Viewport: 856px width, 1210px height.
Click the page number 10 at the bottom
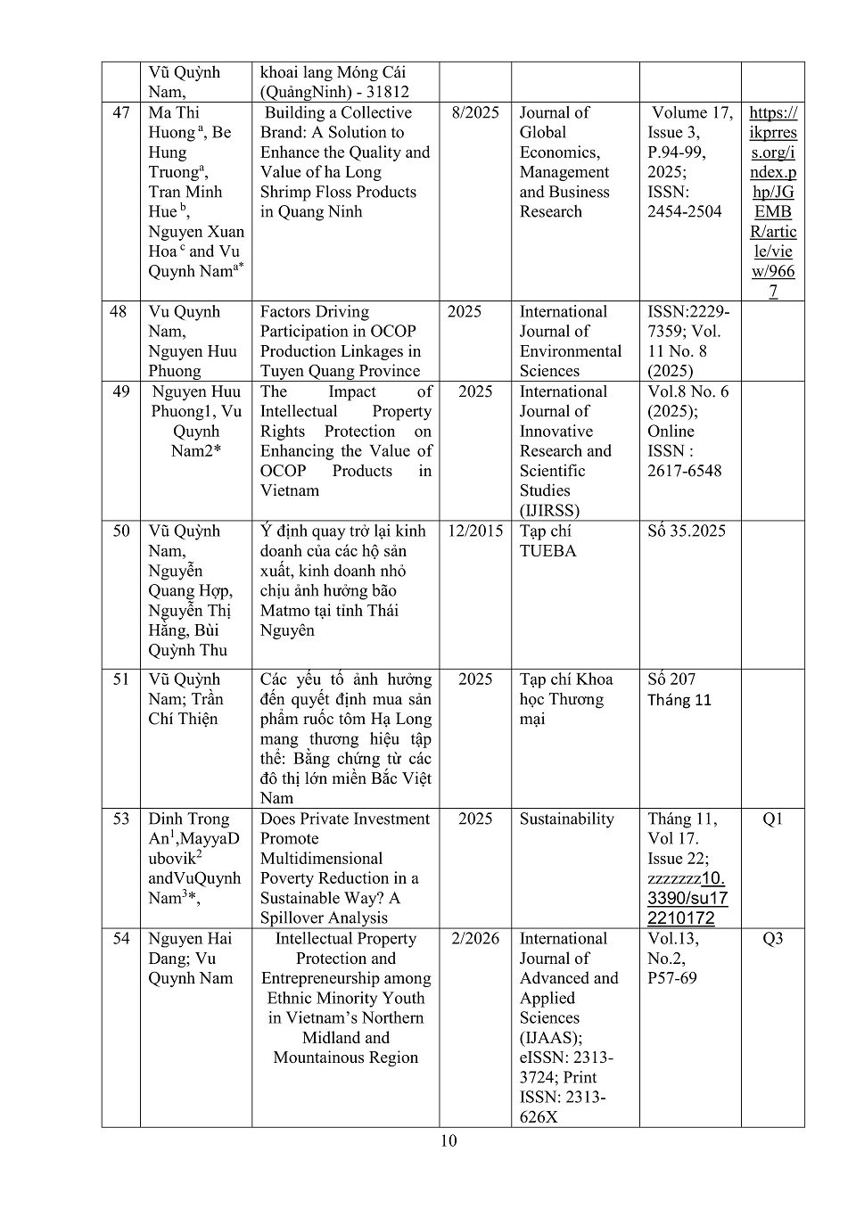pos(449,1140)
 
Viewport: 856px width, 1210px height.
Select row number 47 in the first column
pos(121,112)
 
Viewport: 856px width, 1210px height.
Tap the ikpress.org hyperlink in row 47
pos(773,202)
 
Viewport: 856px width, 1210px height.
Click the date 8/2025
pos(475,112)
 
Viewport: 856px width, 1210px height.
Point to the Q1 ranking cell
pos(772,819)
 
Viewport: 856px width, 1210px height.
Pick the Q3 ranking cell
pos(772,938)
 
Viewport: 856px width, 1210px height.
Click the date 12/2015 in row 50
pos(475,531)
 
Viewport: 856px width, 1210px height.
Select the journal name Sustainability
pos(567,819)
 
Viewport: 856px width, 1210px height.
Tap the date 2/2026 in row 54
pos(475,938)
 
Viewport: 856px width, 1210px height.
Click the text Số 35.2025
pos(687,531)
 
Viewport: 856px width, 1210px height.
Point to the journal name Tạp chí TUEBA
pos(547,540)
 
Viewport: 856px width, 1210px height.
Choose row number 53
pos(121,819)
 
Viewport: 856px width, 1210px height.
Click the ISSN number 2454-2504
pos(684,211)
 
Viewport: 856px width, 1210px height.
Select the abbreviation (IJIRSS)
pos(549,510)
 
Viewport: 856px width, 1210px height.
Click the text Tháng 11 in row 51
pos(679,700)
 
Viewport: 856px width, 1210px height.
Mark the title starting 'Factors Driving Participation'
pos(340,341)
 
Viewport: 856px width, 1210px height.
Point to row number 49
pos(121,391)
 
